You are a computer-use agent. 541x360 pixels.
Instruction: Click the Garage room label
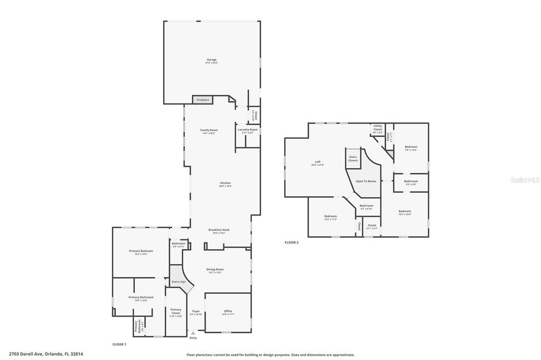(211, 60)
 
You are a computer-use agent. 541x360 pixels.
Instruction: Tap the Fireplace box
(203, 100)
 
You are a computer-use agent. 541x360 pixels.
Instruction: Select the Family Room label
(209, 130)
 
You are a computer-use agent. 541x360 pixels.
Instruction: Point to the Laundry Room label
(248, 130)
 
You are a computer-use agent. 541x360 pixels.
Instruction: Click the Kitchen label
(226, 184)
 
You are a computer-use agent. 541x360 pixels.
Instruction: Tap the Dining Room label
(215, 270)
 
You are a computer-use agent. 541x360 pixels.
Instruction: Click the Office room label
(228, 311)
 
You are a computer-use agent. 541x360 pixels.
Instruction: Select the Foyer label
(196, 311)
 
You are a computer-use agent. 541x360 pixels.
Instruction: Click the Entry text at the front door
(193, 338)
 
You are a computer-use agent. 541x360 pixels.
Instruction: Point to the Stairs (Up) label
(179, 282)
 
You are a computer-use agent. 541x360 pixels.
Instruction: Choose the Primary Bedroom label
(141, 251)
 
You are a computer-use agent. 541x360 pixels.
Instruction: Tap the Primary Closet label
(176, 311)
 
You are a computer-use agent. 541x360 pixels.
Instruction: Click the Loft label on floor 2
(318, 162)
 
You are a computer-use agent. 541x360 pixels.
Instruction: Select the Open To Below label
(366, 181)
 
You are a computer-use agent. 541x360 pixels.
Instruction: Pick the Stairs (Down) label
(353, 158)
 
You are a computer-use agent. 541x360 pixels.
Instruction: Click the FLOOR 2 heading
(292, 242)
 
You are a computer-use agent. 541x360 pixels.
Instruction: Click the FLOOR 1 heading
(119, 344)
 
